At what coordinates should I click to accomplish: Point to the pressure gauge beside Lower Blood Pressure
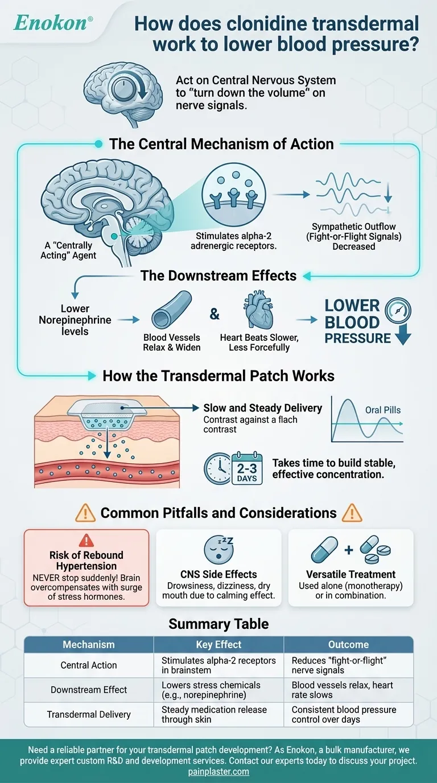396,311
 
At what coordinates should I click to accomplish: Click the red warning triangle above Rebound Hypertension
86,541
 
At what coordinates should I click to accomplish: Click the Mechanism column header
89,645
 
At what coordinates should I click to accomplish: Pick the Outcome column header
348,645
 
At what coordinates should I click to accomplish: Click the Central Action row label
89,665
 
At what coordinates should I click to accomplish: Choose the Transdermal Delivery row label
89,715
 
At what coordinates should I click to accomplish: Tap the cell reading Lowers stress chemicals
218,690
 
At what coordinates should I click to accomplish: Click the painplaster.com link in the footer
218,772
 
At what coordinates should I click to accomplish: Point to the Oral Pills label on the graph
383,410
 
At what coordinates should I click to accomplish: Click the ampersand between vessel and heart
215,314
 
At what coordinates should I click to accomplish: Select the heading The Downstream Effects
218,276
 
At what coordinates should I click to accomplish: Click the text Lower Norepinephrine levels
75,320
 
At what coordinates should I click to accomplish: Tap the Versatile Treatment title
351,574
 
